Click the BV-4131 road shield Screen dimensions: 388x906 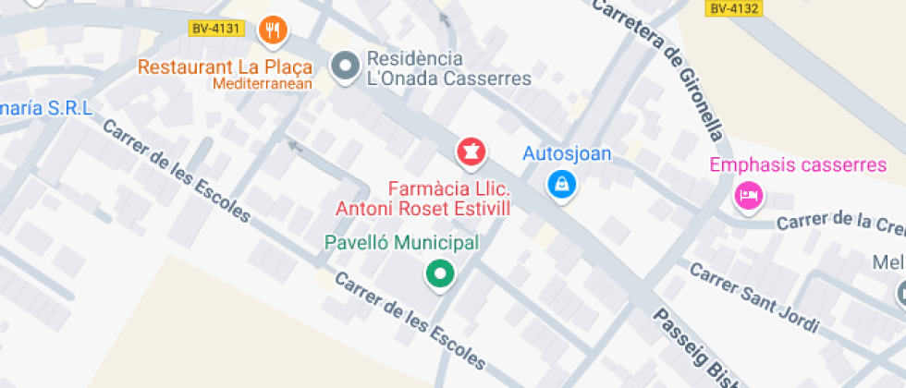216,29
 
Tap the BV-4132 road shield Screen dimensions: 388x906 734,9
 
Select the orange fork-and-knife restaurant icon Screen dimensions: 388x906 272,31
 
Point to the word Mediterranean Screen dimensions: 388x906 263,84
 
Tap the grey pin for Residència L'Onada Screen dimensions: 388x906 347,67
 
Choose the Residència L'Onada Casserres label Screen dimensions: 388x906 449,67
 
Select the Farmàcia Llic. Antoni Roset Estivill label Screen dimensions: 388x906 423,199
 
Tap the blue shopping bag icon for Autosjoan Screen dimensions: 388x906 561,184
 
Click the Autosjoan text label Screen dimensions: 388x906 568,153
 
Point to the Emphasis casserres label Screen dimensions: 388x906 798,166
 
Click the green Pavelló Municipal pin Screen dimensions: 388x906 440,273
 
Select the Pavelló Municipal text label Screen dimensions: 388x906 402,244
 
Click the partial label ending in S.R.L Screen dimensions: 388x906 46,108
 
